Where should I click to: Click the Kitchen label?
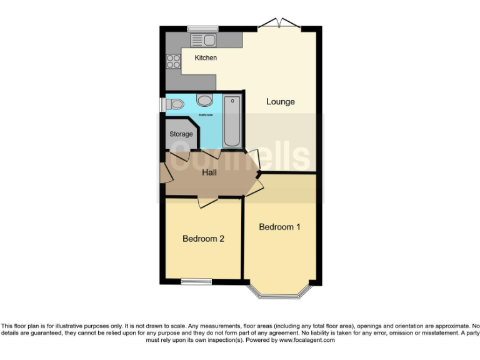pos(206,58)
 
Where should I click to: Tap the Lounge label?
pos(280,102)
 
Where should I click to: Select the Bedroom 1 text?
pos(279,227)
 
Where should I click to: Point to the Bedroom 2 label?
pos(203,239)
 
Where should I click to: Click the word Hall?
pos(209,172)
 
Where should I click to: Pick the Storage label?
pos(181,134)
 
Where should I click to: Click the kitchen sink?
pos(203,40)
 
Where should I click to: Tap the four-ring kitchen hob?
pos(172,61)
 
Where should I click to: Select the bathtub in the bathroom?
pos(232,121)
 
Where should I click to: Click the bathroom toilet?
pos(176,104)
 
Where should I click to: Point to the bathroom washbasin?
pos(204,99)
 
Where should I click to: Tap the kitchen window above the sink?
pos(202,28)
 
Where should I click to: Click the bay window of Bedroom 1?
pos(280,294)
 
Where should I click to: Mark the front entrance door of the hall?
pos(165,172)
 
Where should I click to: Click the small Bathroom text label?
pos(206,116)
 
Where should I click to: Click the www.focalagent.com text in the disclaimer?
pos(303,341)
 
